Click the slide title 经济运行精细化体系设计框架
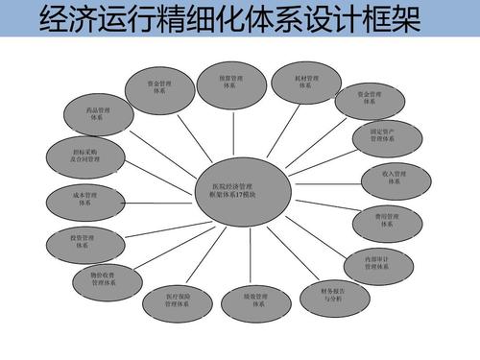point(231,20)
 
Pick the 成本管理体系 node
point(84,199)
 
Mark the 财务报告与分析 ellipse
point(332,293)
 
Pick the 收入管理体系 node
point(394,179)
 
